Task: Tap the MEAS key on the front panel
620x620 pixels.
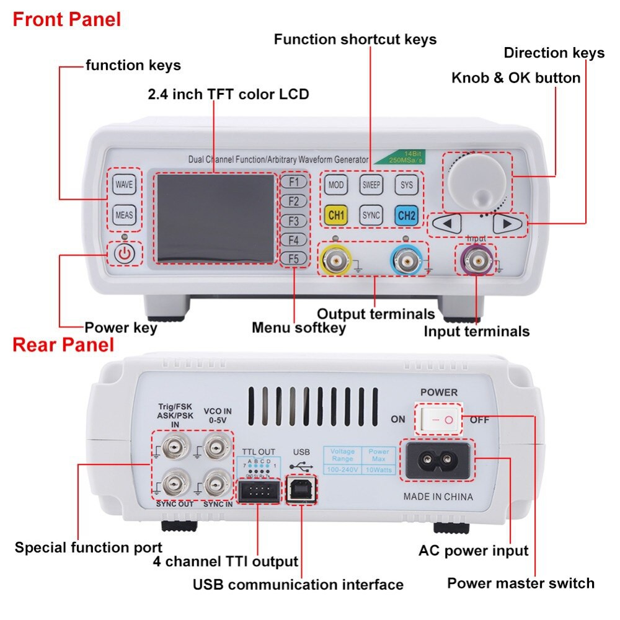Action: (124, 215)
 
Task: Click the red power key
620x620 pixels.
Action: (125, 254)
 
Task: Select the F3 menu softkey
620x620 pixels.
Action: (293, 221)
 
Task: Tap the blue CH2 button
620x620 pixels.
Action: (406, 215)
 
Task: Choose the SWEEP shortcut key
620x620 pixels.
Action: (371, 185)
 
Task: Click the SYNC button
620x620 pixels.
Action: (371, 215)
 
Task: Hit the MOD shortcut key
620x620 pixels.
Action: (336, 185)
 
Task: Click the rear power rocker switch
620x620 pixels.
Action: (441, 419)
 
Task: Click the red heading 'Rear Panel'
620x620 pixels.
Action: (63, 345)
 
